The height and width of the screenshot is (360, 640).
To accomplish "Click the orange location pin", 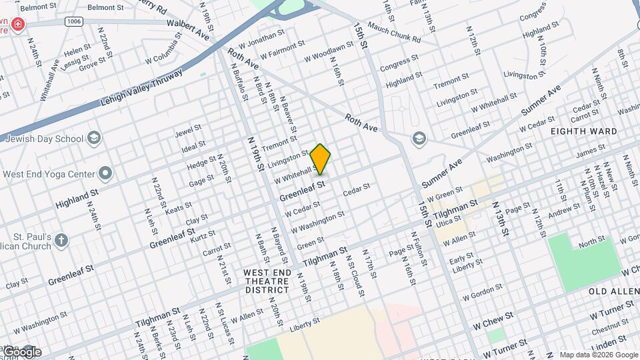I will click(x=321, y=158).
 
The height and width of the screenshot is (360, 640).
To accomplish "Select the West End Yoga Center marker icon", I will click(x=105, y=174).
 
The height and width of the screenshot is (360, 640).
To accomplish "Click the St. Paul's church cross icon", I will click(x=61, y=240).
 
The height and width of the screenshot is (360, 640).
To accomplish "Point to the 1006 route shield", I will click(x=74, y=22).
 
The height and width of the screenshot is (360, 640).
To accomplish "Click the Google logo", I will click(x=21, y=351).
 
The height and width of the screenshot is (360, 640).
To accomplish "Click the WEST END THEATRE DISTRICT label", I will click(x=267, y=281).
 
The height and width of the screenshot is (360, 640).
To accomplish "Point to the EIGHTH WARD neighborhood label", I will click(x=583, y=131).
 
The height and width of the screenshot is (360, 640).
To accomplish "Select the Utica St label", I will click(x=449, y=218).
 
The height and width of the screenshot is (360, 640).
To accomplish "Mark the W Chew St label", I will click(x=493, y=321).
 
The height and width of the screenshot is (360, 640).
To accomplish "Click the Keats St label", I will click(x=178, y=208).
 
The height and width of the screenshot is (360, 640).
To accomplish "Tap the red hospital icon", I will click(x=18, y=26).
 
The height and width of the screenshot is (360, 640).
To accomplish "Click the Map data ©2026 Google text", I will click(x=597, y=355).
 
